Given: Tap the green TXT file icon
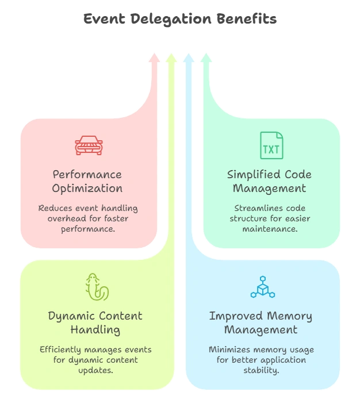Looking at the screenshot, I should [x=271, y=145].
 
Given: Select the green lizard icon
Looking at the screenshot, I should [x=96, y=287].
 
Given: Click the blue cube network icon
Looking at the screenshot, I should [x=262, y=288].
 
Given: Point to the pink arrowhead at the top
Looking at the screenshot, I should [x=154, y=57].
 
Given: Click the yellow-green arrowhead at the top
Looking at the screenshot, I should [x=171, y=57].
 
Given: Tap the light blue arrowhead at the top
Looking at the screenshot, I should [x=189, y=57].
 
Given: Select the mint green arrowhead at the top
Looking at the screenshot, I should [x=206, y=57].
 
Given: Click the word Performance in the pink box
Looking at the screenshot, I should [x=87, y=174].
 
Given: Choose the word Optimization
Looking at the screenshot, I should [x=88, y=189].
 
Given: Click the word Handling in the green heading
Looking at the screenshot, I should [x=95, y=330].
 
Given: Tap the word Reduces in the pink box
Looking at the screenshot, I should [x=56, y=208].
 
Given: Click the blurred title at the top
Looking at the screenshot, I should [x=180, y=21].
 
